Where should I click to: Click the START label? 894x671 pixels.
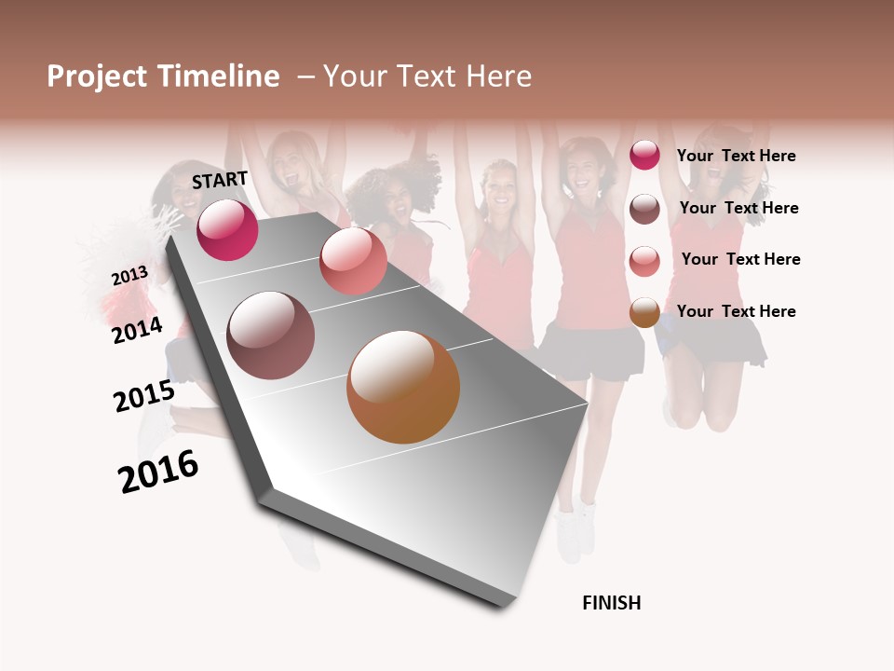[x=220, y=180]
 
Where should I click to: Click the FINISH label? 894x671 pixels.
[x=612, y=603]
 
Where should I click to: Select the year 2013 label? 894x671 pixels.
[x=129, y=276]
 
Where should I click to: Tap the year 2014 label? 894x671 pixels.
[x=138, y=330]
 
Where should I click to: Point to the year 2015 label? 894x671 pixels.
[x=144, y=396]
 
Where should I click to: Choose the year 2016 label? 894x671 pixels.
[x=158, y=472]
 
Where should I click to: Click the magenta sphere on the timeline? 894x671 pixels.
[x=227, y=229]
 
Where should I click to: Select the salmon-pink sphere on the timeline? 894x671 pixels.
[x=353, y=261]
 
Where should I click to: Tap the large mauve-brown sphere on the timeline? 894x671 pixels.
[x=271, y=335]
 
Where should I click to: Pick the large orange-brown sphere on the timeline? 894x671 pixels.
[x=403, y=387]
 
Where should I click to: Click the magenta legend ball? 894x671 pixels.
[x=644, y=155]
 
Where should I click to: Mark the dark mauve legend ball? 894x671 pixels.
[x=644, y=209]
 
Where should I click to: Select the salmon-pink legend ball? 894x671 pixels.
[x=644, y=261]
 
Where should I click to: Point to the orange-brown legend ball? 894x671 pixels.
[x=644, y=313]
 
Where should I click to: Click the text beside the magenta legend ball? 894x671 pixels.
[x=736, y=156]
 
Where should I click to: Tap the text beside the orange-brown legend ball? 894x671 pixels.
[x=736, y=311]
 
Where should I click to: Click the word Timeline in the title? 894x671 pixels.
[x=219, y=76]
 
